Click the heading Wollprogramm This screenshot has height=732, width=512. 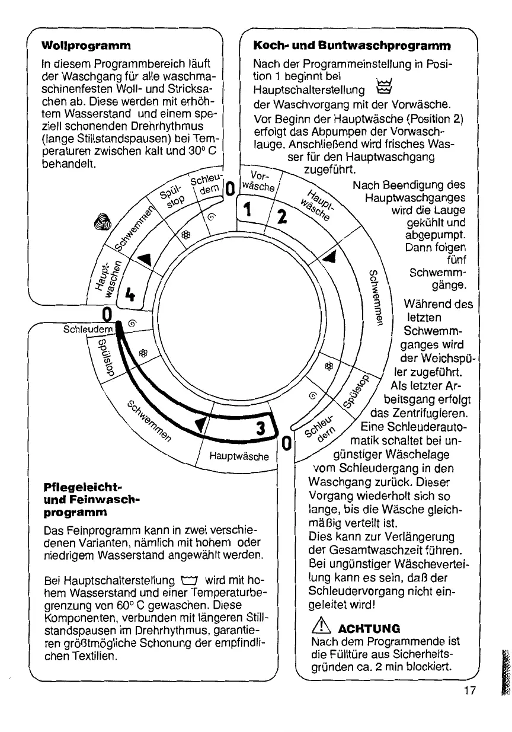[86, 45]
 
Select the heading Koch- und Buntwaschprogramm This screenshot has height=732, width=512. [352, 45]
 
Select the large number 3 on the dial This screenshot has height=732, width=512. [260, 427]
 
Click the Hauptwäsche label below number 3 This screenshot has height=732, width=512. [239, 456]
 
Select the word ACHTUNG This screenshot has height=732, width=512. [366, 628]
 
